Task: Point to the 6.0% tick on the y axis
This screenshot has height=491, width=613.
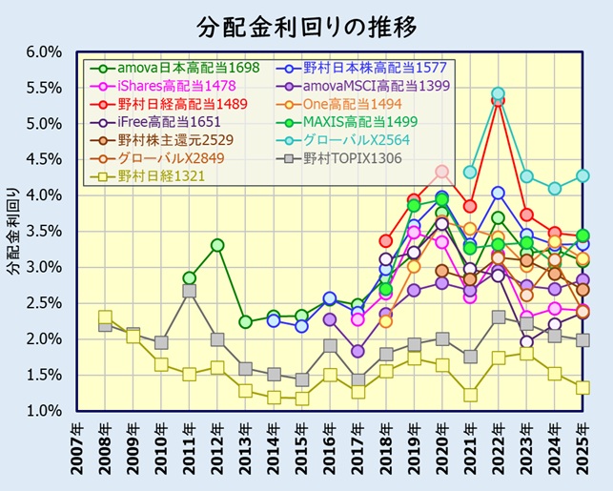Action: pyautogui.click(x=42, y=51)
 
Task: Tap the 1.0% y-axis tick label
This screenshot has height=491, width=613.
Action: pyautogui.click(x=42, y=411)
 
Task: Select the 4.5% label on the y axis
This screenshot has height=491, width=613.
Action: pyautogui.click(x=42, y=159)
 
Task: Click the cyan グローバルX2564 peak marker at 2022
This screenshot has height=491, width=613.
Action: pyautogui.click(x=498, y=94)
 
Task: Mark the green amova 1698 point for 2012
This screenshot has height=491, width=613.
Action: pyautogui.click(x=217, y=245)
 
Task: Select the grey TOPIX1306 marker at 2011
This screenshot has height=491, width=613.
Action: pyautogui.click(x=190, y=291)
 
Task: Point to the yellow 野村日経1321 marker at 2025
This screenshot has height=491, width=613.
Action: pyautogui.click(x=582, y=388)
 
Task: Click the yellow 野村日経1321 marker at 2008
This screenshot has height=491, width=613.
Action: pyautogui.click(x=105, y=317)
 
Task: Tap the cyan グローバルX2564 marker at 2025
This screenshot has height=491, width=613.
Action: pyautogui.click(x=582, y=176)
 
